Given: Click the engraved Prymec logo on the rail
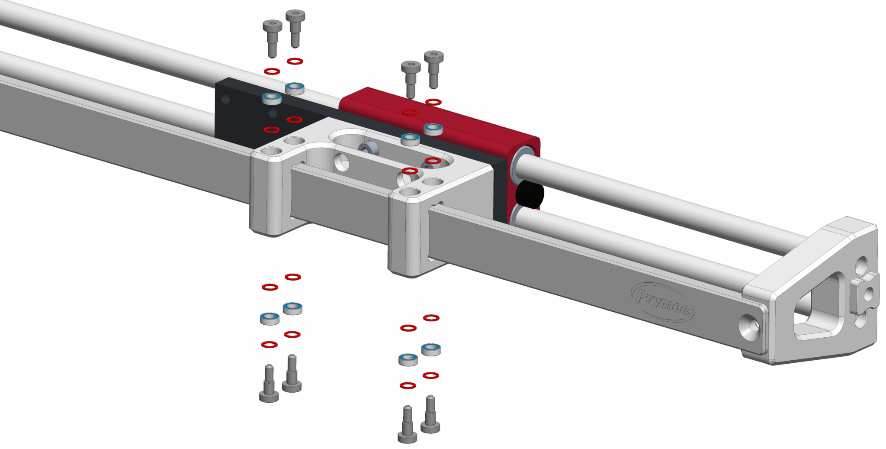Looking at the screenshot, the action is [662, 301].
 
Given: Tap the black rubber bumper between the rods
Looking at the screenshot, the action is [530, 194].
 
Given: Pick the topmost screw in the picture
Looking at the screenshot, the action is [295, 28].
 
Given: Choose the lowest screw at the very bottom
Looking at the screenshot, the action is [407, 425].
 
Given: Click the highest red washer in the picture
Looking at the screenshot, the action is [295, 61].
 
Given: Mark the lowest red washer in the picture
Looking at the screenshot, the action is [408, 385].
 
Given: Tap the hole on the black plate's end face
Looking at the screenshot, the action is [225, 98].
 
